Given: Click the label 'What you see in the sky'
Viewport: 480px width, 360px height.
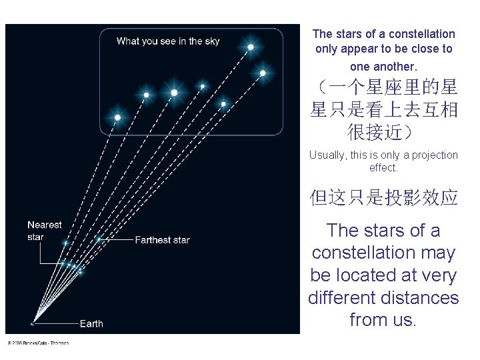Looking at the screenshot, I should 167,41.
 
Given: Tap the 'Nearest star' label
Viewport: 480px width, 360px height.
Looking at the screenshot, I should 45,231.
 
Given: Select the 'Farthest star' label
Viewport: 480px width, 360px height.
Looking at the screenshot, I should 162,240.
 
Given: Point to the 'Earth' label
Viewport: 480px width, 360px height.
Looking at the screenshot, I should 91,323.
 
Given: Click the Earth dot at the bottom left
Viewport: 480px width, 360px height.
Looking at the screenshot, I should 33,323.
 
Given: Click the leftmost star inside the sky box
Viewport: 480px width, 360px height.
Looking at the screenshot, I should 117,117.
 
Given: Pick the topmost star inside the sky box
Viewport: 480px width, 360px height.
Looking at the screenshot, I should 251,47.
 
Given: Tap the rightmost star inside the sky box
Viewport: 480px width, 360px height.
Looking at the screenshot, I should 263,73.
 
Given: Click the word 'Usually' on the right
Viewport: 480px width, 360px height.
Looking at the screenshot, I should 327,155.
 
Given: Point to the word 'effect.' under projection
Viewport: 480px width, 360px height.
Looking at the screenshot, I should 383,168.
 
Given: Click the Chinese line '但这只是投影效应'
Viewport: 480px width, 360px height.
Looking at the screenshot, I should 383,198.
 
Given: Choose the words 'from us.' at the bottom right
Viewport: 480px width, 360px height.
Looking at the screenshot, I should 383,320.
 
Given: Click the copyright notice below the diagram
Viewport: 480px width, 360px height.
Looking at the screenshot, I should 38,343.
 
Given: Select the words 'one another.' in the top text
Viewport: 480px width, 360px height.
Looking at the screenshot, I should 383,67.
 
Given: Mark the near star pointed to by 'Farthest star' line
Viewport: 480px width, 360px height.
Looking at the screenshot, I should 98,239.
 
